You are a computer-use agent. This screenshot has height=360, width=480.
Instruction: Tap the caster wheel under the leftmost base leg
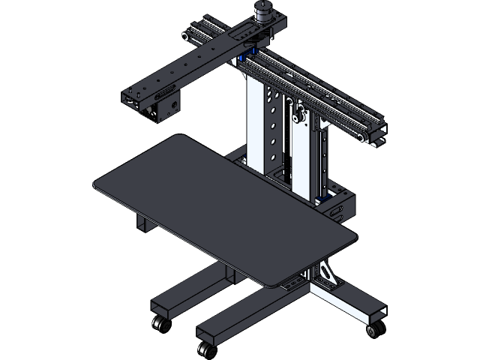pos(159,324)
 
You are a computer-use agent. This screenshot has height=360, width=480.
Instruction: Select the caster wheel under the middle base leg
pos(202,349)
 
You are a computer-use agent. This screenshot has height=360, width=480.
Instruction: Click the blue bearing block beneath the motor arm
pos(245,59)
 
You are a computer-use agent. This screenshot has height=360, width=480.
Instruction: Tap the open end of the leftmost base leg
pos(160,309)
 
